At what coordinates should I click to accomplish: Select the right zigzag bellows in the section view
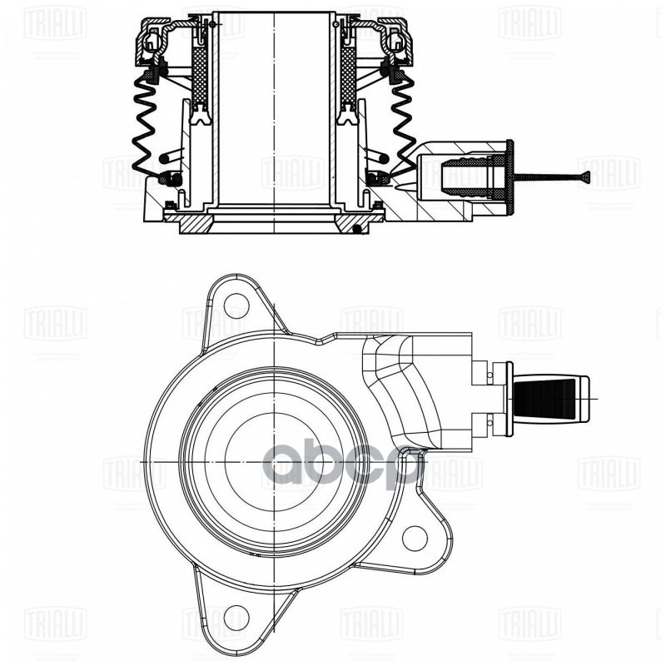click(402, 125)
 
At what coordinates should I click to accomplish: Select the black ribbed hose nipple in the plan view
click(545, 398)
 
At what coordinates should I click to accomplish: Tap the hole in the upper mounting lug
click(236, 306)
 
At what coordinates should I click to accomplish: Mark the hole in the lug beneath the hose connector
click(414, 537)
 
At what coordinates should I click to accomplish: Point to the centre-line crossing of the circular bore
click(274, 463)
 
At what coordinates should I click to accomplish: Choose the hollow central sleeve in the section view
click(274, 108)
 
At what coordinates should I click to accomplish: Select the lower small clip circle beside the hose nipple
click(492, 429)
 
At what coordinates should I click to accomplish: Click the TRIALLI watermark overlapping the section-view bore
click(292, 172)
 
